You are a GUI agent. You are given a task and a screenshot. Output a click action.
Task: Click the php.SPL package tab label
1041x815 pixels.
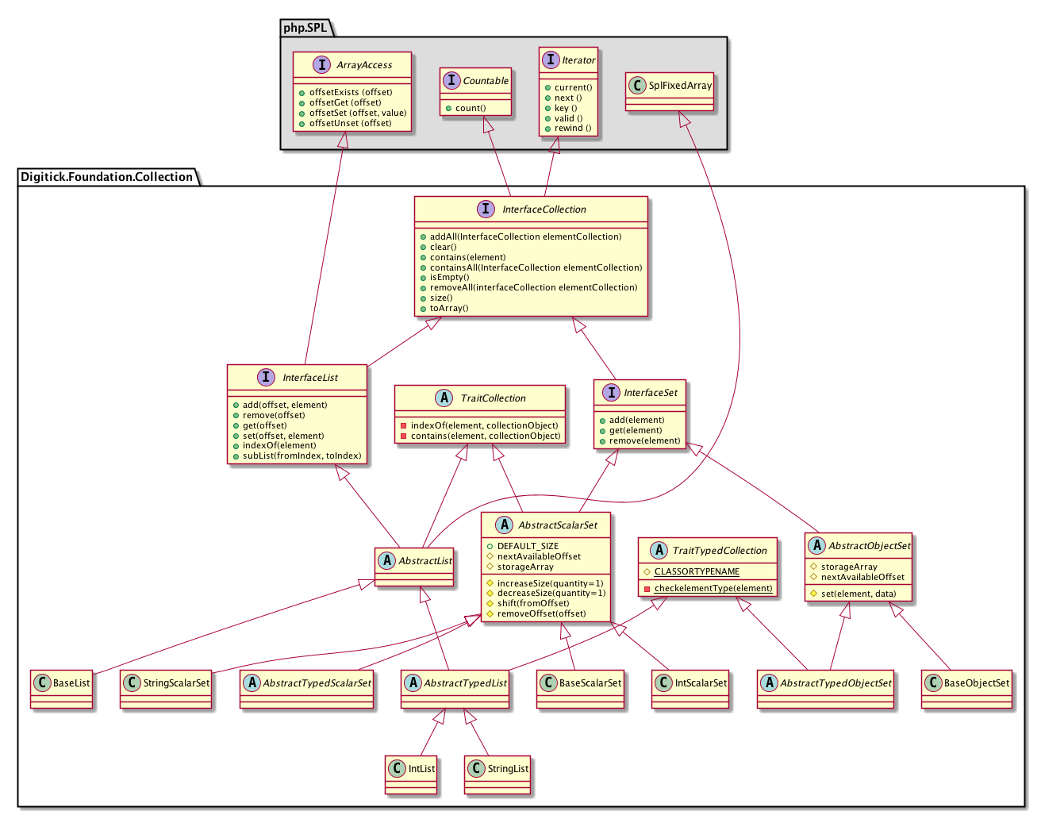305,28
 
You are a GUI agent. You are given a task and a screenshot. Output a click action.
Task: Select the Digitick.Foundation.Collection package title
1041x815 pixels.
106,176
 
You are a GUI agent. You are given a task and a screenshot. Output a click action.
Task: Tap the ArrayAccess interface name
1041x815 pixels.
364,65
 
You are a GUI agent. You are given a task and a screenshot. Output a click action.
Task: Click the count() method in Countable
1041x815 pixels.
471,108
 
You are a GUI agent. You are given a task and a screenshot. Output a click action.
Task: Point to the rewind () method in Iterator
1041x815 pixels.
573,128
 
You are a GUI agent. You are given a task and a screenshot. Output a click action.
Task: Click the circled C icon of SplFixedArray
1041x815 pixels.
636,86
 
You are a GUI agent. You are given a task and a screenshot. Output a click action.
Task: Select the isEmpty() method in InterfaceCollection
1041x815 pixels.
449,277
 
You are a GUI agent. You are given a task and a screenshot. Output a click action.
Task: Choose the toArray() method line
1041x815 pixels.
449,308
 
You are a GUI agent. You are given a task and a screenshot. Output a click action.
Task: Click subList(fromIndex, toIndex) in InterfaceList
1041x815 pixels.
302,456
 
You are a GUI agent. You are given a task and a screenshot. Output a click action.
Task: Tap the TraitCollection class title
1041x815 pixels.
493,398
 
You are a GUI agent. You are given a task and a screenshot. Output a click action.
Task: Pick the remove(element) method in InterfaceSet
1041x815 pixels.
644,440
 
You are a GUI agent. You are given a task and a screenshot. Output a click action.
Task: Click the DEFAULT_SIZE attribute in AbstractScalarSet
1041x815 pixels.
528,546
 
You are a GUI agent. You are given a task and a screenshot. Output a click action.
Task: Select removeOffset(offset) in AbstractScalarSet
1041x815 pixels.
541,613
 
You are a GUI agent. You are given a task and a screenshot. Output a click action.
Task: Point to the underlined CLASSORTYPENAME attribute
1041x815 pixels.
697,571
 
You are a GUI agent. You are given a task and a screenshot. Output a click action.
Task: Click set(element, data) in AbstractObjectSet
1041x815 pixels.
858,593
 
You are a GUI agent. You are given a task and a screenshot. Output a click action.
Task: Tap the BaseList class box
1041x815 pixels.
63,689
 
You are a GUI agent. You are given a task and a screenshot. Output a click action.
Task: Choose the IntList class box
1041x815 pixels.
411,774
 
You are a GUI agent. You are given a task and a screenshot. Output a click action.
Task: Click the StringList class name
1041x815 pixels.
508,769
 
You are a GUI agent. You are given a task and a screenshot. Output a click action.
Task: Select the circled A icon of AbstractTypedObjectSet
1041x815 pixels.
770,682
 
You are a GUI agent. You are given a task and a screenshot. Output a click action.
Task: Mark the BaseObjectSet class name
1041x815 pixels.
977,682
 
